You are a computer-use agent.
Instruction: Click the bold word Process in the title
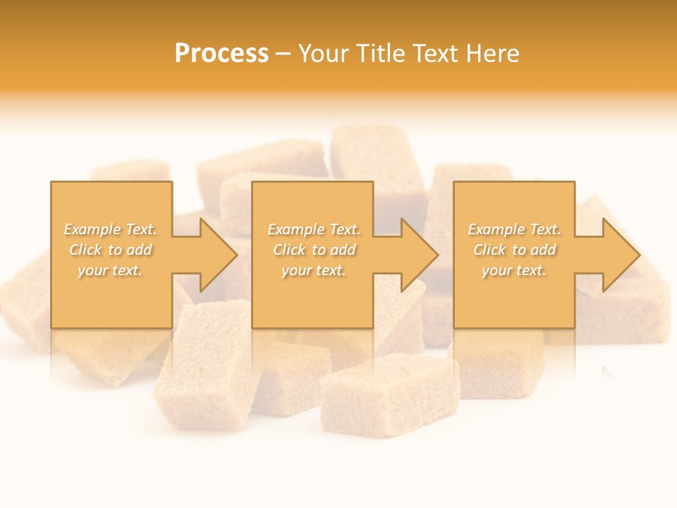point(221,54)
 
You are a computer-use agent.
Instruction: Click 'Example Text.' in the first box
point(111,229)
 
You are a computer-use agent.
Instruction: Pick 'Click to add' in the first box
point(111,250)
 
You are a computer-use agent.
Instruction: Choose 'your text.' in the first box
point(111,270)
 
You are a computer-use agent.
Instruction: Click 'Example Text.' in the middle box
point(314,229)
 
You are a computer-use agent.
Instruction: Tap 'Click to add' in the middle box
point(314,250)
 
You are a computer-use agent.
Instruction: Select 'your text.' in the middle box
point(314,270)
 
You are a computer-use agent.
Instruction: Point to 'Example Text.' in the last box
point(514,229)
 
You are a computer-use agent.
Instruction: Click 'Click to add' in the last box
point(514,250)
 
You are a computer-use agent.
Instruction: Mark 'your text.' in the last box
point(514,270)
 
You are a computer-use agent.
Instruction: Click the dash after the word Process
point(283,54)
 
